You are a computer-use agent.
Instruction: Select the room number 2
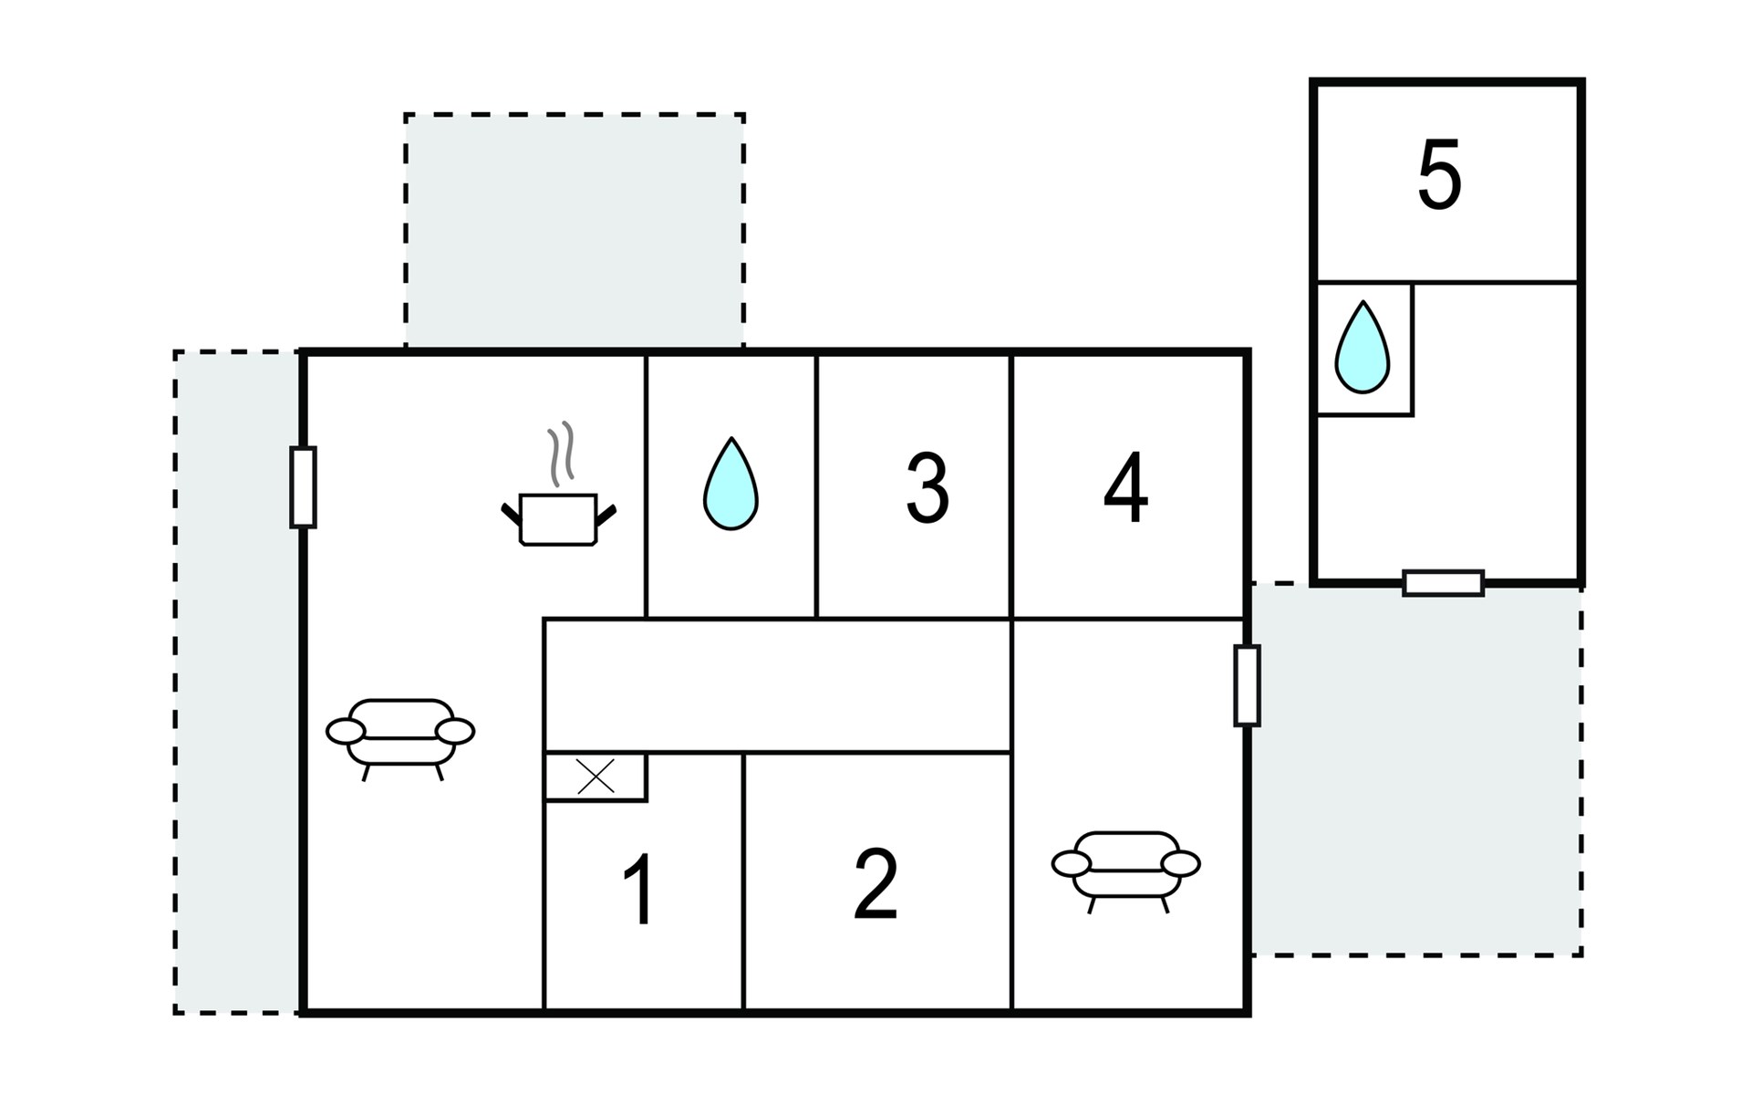coord(875,883)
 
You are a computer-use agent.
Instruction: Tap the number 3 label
coord(927,488)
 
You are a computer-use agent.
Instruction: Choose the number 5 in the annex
coord(1439,174)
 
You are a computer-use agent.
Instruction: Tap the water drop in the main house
coord(730,484)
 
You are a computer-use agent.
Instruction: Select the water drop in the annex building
coord(1362,348)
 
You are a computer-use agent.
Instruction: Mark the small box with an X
coord(596,777)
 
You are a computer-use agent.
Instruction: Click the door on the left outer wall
coord(303,487)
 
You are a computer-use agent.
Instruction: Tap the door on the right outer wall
coord(1247,685)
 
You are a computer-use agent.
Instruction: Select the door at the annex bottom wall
coord(1444,583)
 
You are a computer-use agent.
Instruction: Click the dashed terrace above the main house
coord(575,232)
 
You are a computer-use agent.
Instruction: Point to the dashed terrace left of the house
coord(237,682)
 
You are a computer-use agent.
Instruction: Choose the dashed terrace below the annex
coord(1415,769)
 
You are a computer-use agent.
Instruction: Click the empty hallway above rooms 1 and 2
coord(778,686)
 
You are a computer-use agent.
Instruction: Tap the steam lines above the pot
coord(561,452)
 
